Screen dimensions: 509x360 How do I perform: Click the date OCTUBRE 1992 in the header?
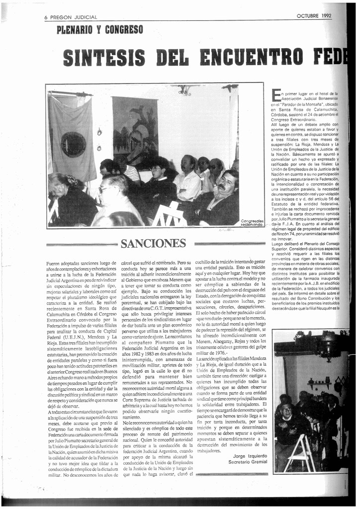(x=314, y=15)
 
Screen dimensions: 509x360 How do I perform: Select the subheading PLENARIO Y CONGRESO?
(x=100, y=30)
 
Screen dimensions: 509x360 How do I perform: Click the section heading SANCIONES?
(x=153, y=244)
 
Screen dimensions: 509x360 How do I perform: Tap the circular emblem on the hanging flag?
(x=73, y=144)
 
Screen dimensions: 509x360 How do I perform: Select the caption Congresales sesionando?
(x=252, y=223)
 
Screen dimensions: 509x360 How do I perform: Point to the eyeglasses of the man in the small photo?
(x=286, y=409)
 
